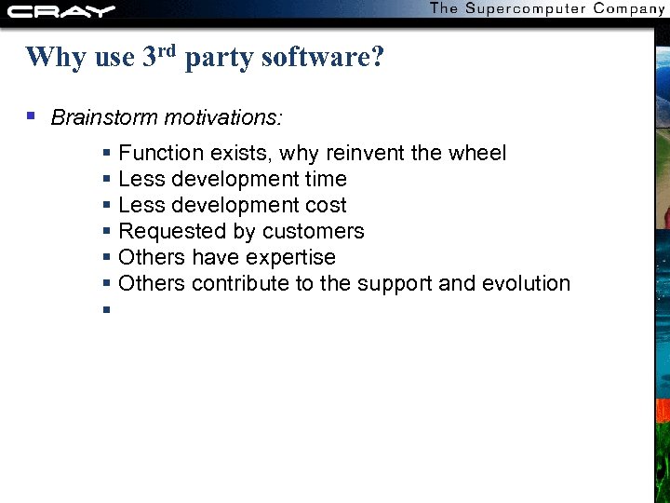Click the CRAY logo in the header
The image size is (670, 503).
tap(61, 11)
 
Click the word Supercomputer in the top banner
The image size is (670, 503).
tap(525, 8)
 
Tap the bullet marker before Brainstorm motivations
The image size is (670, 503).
tap(31, 117)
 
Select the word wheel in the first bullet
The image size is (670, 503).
tap(476, 153)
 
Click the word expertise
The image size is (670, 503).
tap(292, 257)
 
